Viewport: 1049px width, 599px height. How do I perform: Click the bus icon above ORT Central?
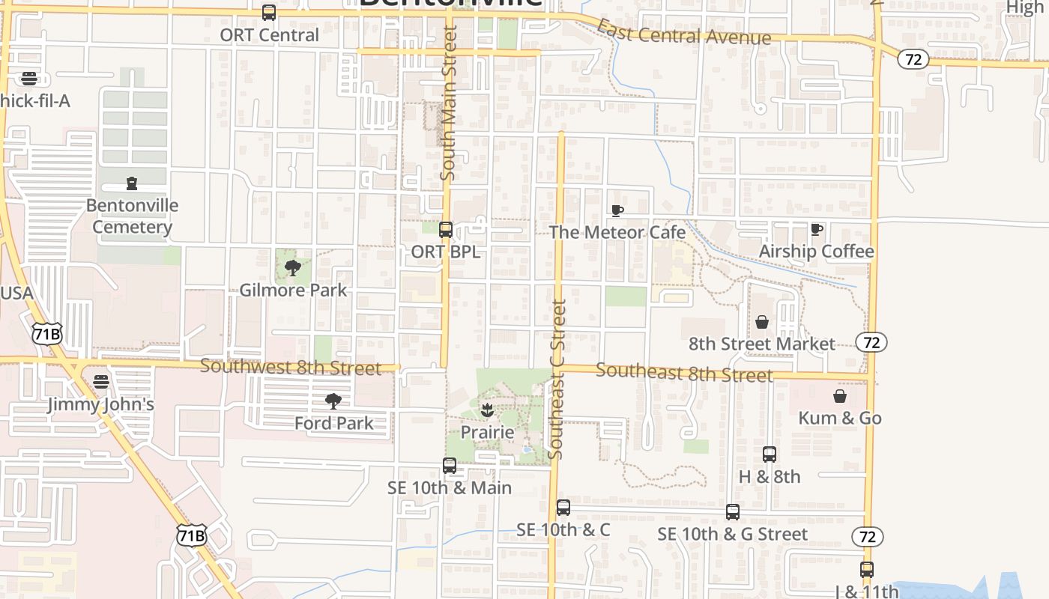(x=269, y=13)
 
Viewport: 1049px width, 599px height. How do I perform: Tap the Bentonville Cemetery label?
(x=132, y=216)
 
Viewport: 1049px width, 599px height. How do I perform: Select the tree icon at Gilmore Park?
(x=293, y=267)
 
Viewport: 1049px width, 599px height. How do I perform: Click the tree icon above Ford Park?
(x=333, y=401)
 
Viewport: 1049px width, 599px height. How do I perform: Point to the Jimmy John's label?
(x=100, y=404)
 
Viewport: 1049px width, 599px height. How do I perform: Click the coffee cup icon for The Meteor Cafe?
(x=617, y=210)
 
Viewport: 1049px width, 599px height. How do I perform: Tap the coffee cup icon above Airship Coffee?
(x=817, y=229)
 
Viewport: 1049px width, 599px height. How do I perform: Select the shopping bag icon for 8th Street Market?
(x=761, y=322)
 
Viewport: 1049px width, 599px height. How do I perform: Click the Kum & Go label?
(x=840, y=418)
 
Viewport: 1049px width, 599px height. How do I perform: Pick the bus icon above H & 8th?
(x=770, y=454)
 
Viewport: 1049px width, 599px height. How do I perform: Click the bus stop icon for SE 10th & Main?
(x=450, y=466)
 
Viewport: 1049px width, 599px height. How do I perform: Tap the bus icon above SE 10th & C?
(x=563, y=508)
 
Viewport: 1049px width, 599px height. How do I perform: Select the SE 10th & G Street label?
(x=732, y=534)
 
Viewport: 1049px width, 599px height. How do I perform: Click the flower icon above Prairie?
(x=487, y=410)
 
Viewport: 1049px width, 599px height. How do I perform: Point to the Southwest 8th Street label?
(x=291, y=368)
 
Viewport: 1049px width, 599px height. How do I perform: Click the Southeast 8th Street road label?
(x=684, y=372)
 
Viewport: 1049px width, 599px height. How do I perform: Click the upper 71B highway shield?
(x=46, y=334)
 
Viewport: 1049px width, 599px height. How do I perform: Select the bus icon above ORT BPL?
(x=446, y=230)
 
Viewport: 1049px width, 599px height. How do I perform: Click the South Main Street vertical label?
(x=448, y=103)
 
